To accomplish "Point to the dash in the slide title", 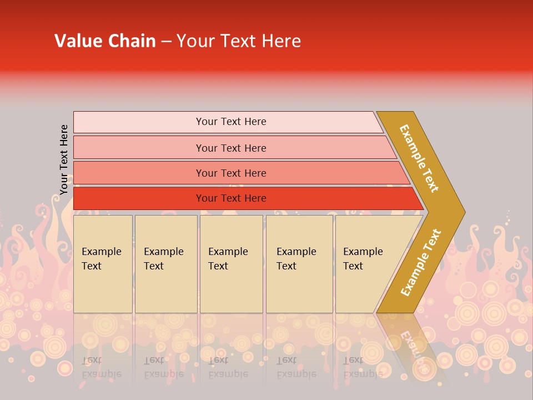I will click(x=166, y=42).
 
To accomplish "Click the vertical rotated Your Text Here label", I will click(x=64, y=159).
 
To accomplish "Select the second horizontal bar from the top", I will click(x=230, y=148).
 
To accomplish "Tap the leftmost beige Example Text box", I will click(x=103, y=264).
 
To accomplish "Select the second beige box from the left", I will click(x=165, y=264).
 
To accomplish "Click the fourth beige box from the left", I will click(x=299, y=264).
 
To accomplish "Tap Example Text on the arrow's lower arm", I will click(x=421, y=263).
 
